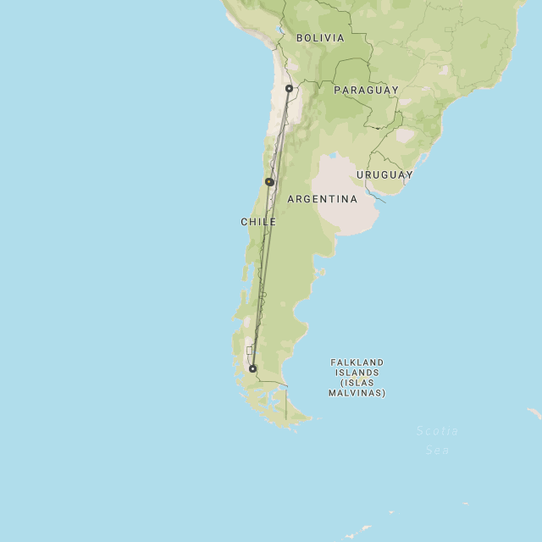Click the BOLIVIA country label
[x=320, y=38]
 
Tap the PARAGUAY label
[x=366, y=90]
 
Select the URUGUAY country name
[x=384, y=175]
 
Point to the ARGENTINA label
[x=322, y=200]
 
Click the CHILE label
[x=258, y=222]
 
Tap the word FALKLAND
[x=357, y=362]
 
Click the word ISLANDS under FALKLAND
[x=357, y=373]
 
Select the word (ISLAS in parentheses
[x=357, y=383]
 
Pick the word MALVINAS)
[x=357, y=393]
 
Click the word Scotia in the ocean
[x=437, y=431]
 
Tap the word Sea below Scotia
[x=437, y=450]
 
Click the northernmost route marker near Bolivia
[x=289, y=88]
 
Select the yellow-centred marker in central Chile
[x=269, y=182]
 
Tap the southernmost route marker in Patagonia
[x=252, y=368]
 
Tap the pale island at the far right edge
[x=534, y=413]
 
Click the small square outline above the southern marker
[x=249, y=350]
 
